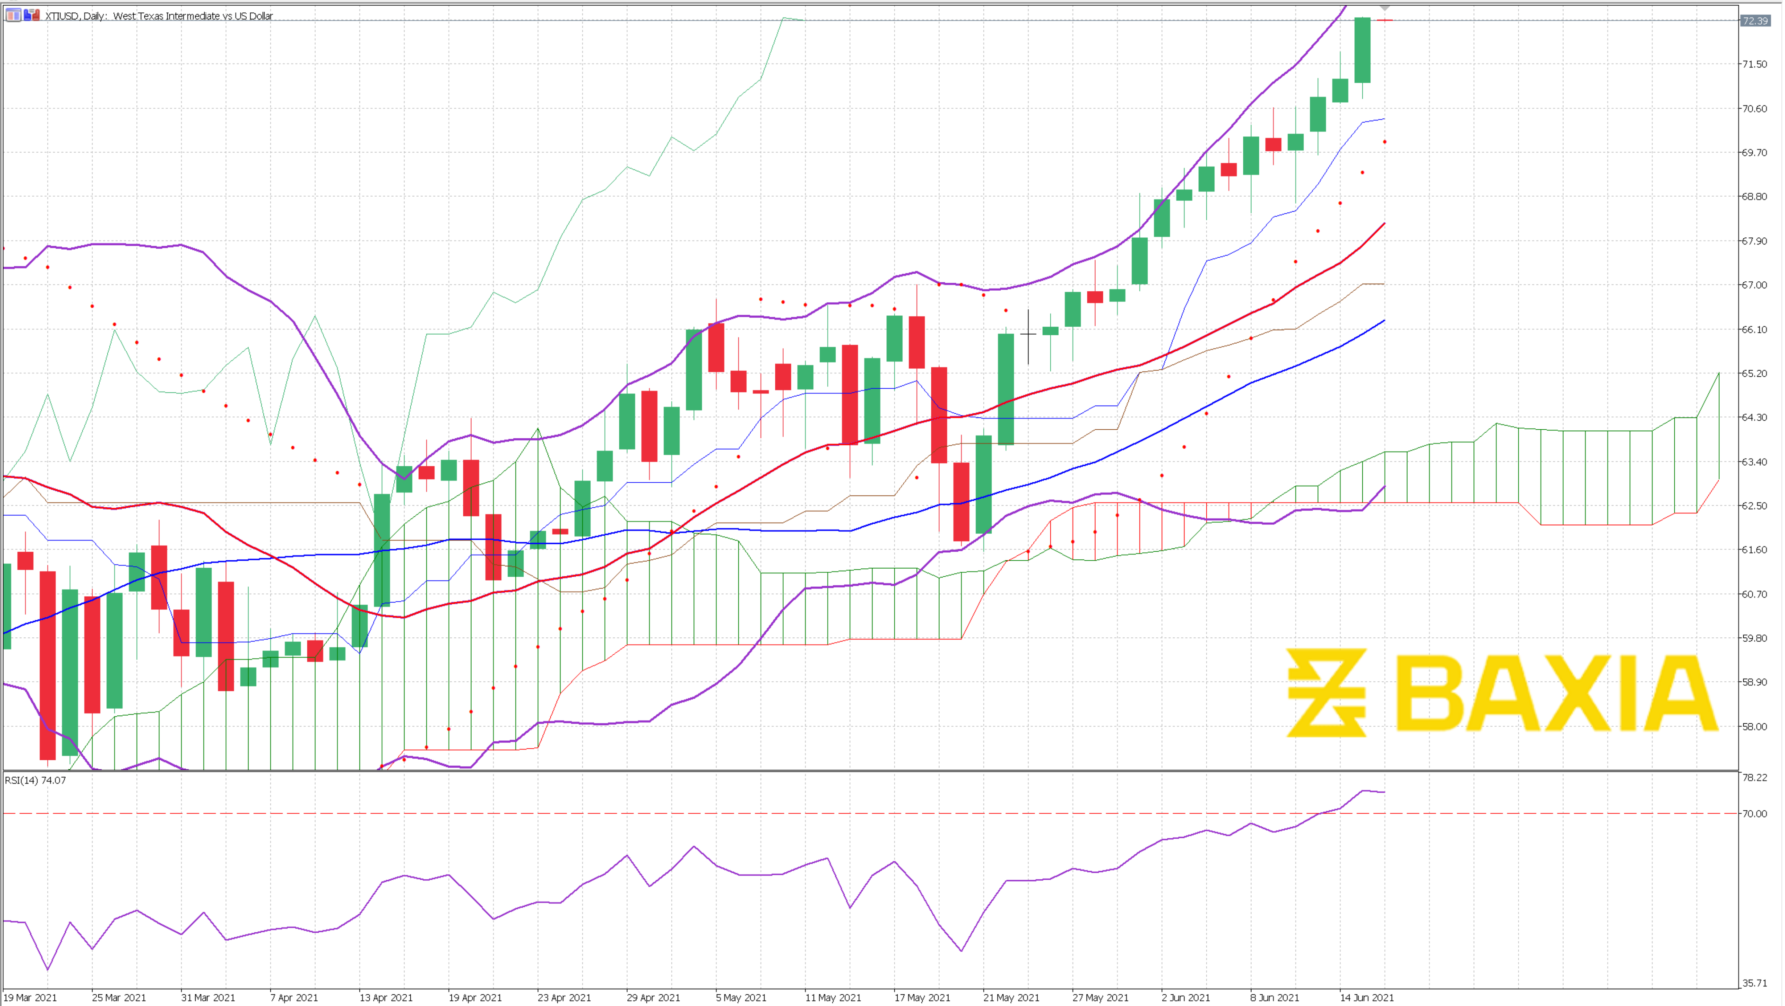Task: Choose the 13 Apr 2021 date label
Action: [386, 998]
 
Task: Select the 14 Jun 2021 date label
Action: [1366, 998]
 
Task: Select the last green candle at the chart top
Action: [1362, 50]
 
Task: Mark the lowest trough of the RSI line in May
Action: [962, 950]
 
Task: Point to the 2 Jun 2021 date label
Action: [1186, 998]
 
